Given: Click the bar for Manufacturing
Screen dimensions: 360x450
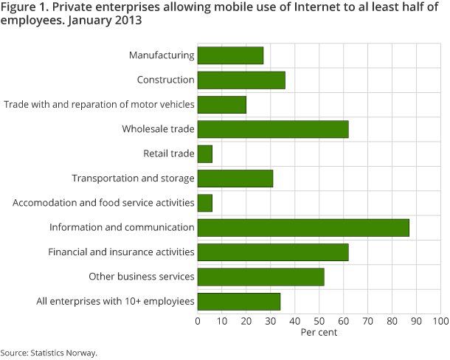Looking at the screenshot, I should point(230,55).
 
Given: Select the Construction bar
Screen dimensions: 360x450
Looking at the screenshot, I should point(241,80).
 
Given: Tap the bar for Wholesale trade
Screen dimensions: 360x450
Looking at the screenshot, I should point(273,129).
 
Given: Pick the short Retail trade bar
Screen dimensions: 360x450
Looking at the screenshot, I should point(205,153).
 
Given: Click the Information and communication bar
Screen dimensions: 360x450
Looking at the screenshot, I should point(303,227).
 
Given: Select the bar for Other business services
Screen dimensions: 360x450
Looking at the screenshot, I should point(260,277).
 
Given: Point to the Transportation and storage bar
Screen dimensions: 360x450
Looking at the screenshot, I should point(235,178).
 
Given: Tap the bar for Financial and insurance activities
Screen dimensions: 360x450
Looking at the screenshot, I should point(273,252).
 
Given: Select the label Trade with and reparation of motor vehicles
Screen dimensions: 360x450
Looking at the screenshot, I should point(100,104).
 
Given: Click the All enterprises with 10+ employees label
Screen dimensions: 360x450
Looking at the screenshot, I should point(115,301).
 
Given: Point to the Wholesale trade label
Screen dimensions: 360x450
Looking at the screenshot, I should point(158,129).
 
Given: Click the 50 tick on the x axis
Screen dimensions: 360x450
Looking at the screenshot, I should point(319,321).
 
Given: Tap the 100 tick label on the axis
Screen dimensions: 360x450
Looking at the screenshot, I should point(440,321).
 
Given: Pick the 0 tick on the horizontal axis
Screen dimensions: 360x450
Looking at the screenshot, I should point(198,321).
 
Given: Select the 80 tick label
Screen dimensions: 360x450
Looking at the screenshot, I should point(392,321).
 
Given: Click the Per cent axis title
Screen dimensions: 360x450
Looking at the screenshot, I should point(319,332).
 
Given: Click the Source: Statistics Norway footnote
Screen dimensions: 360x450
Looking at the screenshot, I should point(49,353).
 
